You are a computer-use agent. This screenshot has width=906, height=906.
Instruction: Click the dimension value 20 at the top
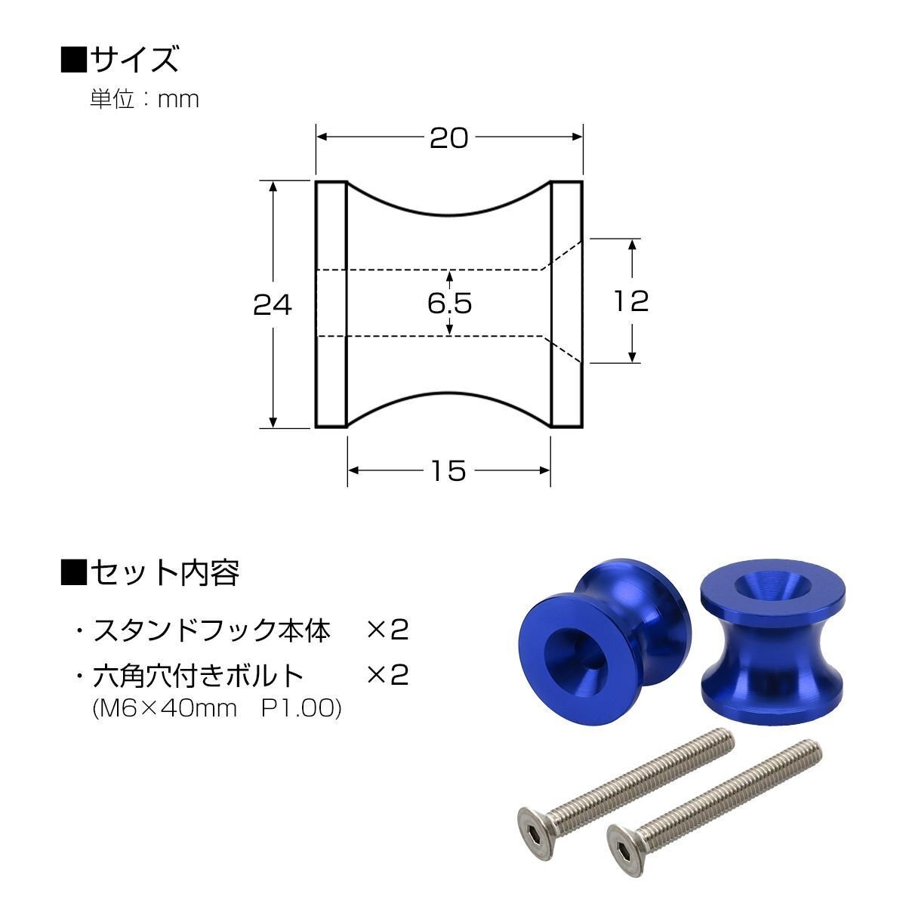click(x=449, y=138)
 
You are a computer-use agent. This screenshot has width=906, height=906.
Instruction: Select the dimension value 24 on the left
click(x=273, y=305)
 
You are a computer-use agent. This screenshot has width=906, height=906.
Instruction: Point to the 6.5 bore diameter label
click(x=449, y=303)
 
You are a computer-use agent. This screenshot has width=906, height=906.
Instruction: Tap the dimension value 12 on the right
click(x=631, y=301)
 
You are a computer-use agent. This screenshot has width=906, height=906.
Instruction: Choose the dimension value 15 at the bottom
click(x=448, y=470)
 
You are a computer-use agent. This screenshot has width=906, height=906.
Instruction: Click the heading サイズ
click(x=134, y=59)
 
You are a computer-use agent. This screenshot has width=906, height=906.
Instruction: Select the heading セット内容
click(x=165, y=572)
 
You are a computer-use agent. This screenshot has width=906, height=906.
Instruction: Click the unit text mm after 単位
click(x=178, y=100)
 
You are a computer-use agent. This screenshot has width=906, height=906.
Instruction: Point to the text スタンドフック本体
click(x=212, y=630)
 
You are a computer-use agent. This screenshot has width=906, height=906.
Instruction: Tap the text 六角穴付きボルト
click(x=199, y=676)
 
